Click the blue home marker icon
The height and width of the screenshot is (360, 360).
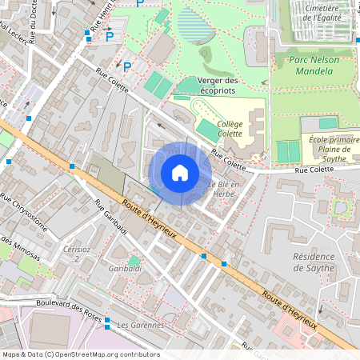tap(180, 172)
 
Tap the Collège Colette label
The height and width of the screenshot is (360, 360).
tap(230, 130)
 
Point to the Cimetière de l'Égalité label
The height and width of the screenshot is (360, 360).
tap(318, 12)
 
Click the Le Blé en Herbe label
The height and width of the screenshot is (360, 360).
tap(226, 189)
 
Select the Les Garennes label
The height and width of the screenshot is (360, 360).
tap(140, 325)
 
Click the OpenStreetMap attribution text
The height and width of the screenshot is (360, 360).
tap(81, 354)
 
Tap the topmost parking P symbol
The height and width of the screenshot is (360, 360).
tap(140, 3)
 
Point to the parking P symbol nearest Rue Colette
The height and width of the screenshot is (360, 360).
tap(126, 66)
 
